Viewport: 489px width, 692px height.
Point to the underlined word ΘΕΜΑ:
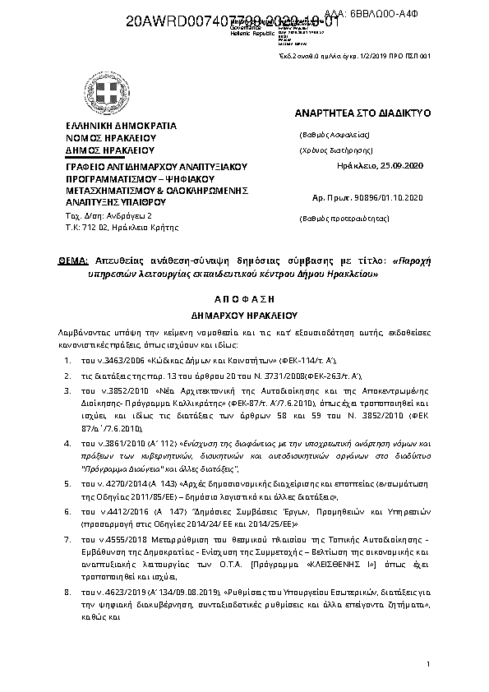pos(73,259)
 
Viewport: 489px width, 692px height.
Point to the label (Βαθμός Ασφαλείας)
pos(334,134)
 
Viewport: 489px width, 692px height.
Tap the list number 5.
pos(67,485)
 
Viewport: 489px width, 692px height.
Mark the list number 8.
pos(67,592)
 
